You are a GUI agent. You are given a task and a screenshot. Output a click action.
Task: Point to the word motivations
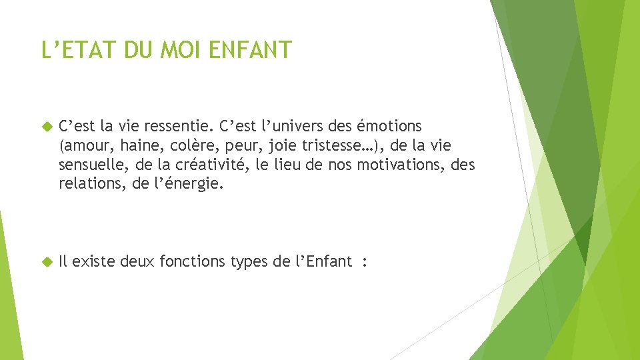tap(398, 164)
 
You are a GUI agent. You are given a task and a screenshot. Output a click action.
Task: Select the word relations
tap(87, 183)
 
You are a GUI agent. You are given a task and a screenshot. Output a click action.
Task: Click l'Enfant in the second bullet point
tap(321, 261)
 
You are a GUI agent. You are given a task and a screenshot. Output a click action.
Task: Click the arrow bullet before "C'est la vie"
tap(46, 126)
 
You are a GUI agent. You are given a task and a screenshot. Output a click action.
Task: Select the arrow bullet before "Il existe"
tap(46, 261)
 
